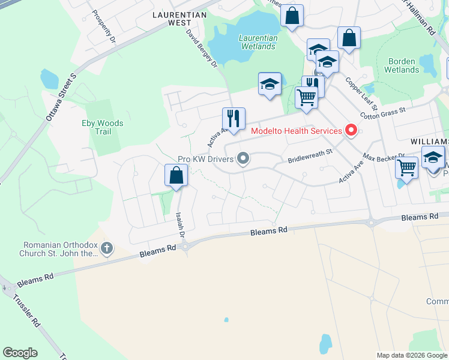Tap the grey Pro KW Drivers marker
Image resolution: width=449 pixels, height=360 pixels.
(243, 159)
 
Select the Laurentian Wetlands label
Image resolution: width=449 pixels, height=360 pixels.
(258, 42)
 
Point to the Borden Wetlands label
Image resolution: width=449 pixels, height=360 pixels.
(403, 65)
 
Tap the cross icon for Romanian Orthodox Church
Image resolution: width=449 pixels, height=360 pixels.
(107, 248)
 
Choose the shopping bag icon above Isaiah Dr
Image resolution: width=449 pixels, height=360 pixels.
(176, 175)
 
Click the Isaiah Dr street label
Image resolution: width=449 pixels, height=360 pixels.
(179, 222)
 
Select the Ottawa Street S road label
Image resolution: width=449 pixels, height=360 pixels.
(61, 98)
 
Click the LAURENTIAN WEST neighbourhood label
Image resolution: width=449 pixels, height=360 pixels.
(179, 18)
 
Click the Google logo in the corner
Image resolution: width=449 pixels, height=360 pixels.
(20, 353)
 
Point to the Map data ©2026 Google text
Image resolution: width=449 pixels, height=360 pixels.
(411, 355)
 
